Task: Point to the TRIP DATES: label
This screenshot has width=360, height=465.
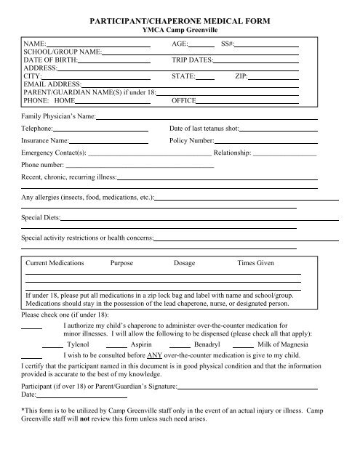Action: [x=191, y=60]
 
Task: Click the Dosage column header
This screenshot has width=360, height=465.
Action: [x=185, y=262]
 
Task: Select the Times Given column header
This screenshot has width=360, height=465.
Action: [x=255, y=262]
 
